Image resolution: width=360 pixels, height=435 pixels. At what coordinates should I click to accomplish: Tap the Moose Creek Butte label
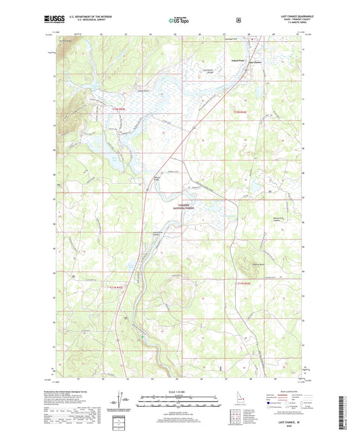point(257,264)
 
